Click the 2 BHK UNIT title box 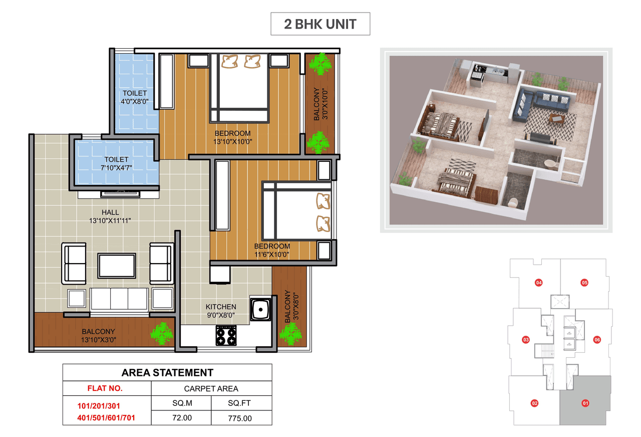tap(320, 24)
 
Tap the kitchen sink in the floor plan tap(260, 310)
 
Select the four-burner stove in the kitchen tap(226, 335)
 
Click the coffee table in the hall tap(117, 266)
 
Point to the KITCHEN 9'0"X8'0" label tap(220, 311)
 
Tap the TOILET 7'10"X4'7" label tap(116, 163)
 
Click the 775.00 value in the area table tap(239, 417)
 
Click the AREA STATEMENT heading tap(167, 372)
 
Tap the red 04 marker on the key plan tap(539, 282)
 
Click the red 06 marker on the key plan tap(596, 340)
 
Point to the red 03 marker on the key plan tap(526, 340)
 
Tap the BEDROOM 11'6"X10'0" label tap(271, 250)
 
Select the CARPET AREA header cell tap(211, 388)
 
